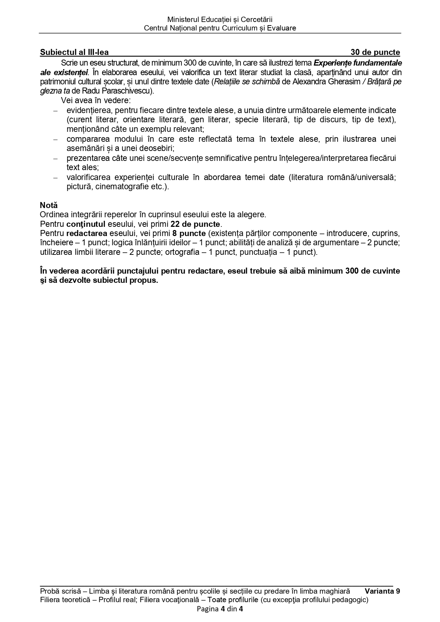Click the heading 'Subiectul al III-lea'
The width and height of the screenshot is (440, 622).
(x=74, y=52)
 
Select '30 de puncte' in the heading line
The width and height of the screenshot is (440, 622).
(x=375, y=52)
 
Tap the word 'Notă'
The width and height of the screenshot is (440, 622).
(x=49, y=205)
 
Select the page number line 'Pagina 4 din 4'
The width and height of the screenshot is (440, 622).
(x=220, y=609)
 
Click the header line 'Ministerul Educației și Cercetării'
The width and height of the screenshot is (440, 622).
(x=220, y=19)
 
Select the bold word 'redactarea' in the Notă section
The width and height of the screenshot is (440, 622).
(x=87, y=234)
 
